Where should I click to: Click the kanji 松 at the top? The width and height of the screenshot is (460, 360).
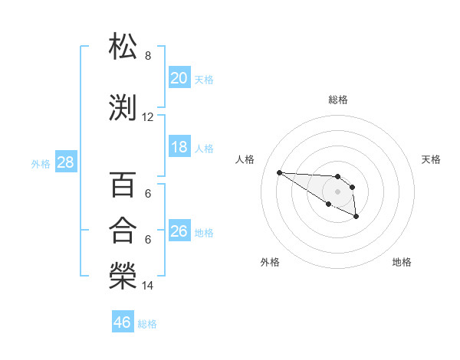pos(123,47)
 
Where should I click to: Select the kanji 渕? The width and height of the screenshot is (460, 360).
pos(123,108)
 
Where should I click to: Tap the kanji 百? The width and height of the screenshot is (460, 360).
pos(123,186)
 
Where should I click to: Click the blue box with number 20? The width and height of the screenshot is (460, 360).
pos(179,77)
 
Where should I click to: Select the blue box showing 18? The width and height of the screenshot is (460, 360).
pos(179,147)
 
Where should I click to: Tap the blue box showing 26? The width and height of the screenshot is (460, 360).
pos(179,231)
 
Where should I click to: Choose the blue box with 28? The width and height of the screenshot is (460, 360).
pos(65,162)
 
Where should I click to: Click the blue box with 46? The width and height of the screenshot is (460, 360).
pos(123,322)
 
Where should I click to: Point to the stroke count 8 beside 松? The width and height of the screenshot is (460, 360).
pos(148,56)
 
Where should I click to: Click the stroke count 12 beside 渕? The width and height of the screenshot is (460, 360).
pos(148,117)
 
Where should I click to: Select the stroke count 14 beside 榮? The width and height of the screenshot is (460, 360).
pos(148,286)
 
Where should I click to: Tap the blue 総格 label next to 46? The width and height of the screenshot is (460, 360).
pos(147,324)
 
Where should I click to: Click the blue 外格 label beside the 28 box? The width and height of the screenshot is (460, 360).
pos(41,163)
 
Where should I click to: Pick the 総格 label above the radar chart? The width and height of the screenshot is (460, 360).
pos(338,100)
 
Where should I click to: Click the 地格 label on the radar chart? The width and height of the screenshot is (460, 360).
pos(402,262)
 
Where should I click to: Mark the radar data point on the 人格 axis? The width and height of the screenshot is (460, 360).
pos(279,172)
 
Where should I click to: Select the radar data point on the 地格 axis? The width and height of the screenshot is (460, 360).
pos(356,217)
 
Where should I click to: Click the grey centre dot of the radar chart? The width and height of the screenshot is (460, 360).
pos(337,191)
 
